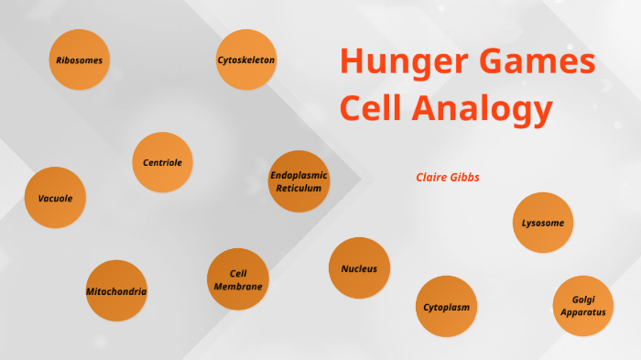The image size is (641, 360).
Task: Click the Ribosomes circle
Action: coord(79,60)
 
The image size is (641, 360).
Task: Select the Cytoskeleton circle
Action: coord(246,60)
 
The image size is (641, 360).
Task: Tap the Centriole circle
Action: coord(162,162)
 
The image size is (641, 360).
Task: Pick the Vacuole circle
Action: coord(55,198)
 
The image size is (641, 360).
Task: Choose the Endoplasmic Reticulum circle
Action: coord(299,181)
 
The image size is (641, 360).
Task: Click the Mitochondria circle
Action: coord(116,291)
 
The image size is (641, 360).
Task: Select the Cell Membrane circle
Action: coord(238,279)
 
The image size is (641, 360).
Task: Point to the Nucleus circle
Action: coord(359,268)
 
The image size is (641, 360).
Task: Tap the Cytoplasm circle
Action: coord(447,307)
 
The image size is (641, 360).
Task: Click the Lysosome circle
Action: coord(543,223)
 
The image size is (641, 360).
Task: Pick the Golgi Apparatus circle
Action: coord(583,306)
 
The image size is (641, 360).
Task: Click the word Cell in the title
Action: coord(370,110)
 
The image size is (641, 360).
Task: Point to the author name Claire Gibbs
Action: coord(448,177)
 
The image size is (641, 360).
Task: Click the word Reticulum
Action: coord(299,188)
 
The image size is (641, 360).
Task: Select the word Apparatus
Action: coord(583,312)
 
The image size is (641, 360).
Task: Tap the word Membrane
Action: coord(238,286)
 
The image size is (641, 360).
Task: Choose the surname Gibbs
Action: coord(464,177)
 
